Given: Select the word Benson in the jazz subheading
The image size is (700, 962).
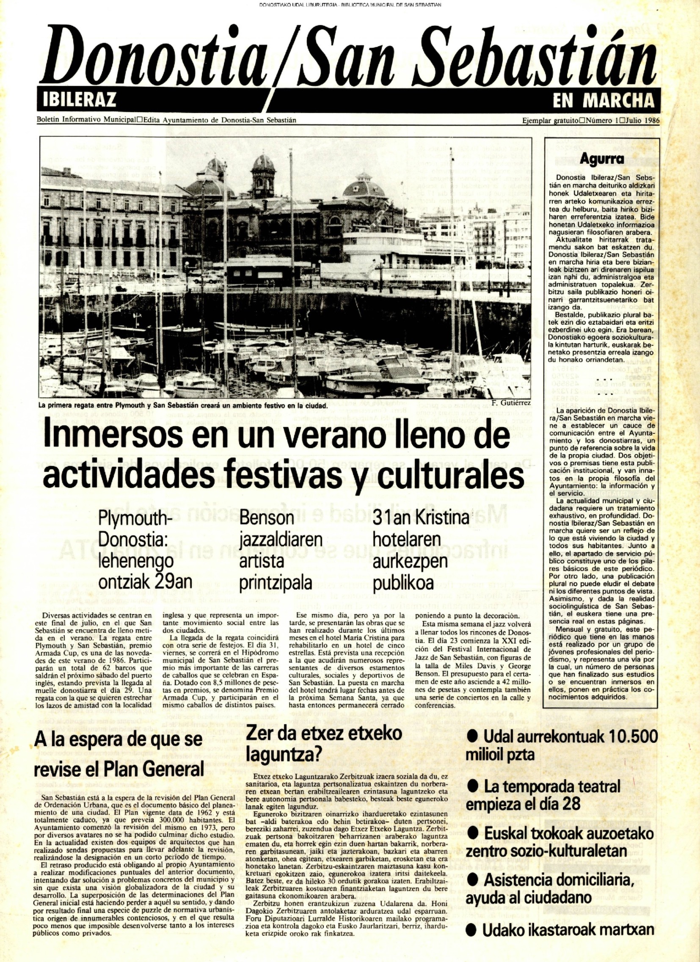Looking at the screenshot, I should point(267,519).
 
